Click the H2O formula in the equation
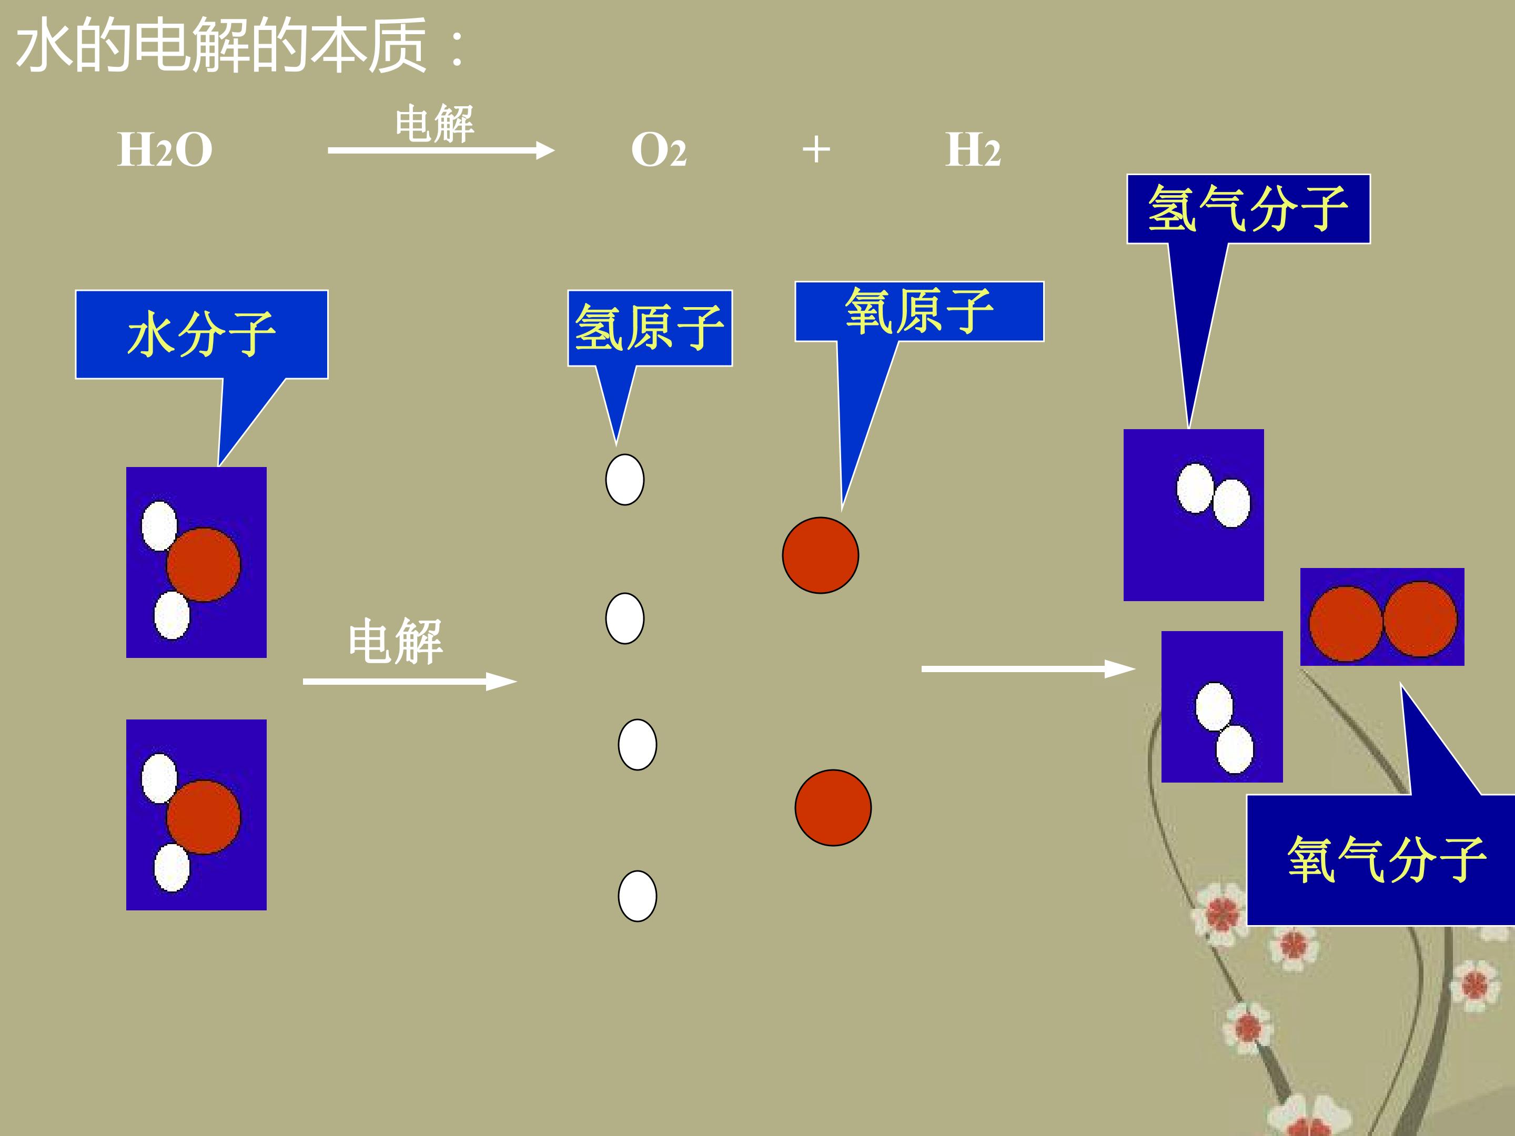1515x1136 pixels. point(165,149)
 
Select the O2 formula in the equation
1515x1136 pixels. point(658,150)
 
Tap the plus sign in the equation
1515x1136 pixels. point(816,149)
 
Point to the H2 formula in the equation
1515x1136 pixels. point(973,149)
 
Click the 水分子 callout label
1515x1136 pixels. point(201,334)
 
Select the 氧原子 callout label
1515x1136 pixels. point(919,311)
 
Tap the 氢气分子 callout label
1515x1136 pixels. point(1248,209)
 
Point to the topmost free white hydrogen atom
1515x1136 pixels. point(624,479)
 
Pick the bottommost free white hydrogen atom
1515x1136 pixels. point(637,896)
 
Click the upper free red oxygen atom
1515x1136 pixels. point(821,555)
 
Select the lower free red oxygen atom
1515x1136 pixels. point(833,808)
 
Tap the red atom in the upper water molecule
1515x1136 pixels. point(204,564)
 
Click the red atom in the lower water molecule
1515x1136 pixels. point(204,816)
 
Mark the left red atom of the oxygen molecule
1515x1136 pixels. point(1346,623)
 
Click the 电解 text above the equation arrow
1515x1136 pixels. point(434,124)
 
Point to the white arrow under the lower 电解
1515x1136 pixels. point(410,681)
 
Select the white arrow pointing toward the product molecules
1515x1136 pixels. point(1029,668)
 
